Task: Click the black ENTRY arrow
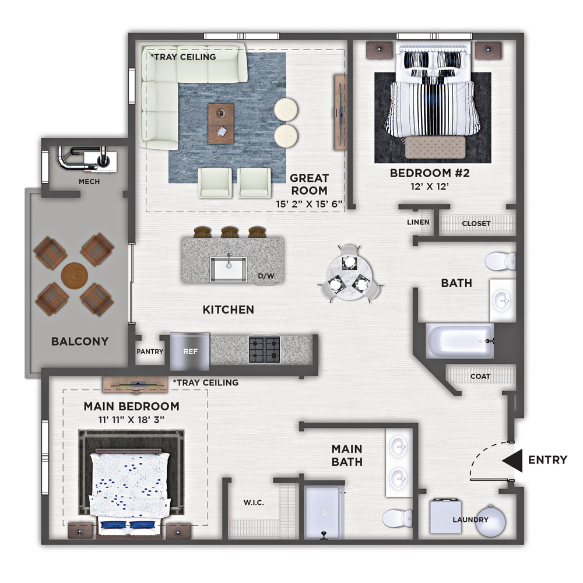[512, 461]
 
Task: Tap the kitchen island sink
[229, 269]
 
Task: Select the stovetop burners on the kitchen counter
[264, 349]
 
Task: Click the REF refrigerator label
[191, 352]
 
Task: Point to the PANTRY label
[150, 352]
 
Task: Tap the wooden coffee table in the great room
[221, 124]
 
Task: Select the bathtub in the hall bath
[459, 341]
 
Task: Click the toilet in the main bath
[397, 518]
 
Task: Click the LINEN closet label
[418, 222]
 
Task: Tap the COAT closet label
[480, 377]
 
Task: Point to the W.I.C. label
[254, 503]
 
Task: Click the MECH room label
[89, 181]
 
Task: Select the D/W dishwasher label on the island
[266, 276]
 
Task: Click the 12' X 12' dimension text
[430, 187]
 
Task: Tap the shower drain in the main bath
[324, 512]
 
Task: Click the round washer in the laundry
[491, 521]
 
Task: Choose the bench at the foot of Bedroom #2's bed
[435, 147]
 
